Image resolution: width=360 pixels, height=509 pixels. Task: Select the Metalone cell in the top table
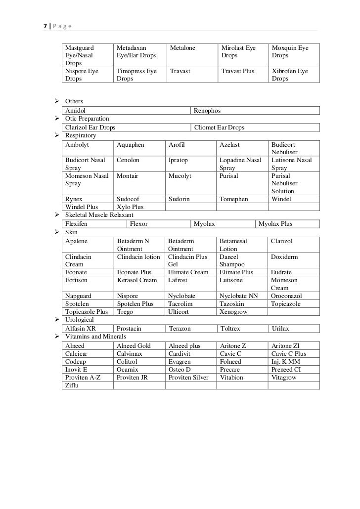point(182,48)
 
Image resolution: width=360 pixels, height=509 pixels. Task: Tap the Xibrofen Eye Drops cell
point(290,75)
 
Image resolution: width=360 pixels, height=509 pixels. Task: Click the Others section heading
point(74,101)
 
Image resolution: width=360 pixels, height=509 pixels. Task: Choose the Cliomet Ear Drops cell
point(220,127)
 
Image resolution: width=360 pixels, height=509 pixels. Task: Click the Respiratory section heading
point(81,135)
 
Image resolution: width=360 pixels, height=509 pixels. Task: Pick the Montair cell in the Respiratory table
point(128,176)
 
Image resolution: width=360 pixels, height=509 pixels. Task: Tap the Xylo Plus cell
point(130,207)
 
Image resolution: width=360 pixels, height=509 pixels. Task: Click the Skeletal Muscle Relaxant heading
point(99,215)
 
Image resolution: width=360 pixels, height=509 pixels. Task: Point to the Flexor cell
point(138,224)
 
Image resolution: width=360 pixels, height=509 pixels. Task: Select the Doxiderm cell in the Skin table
point(284,257)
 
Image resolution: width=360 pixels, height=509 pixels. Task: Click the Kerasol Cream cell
point(137,280)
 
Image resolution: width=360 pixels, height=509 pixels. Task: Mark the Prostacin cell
point(129,329)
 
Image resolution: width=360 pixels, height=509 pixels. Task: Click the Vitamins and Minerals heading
point(96,337)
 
